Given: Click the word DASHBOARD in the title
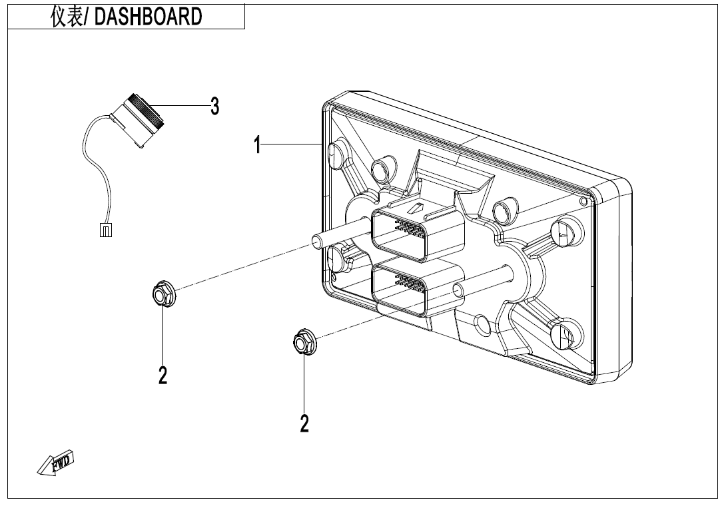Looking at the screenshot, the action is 148,17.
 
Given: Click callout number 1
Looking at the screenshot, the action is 258,144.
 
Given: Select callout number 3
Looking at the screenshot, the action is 214,106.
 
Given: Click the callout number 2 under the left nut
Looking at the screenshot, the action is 163,375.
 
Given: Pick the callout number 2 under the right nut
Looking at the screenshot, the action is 304,423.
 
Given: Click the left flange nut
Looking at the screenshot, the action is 163,294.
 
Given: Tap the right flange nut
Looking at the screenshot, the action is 304,342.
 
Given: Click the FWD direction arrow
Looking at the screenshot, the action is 55,463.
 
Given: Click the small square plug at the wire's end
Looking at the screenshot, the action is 106,230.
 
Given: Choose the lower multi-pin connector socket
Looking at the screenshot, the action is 418,288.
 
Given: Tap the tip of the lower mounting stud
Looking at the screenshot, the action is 458,290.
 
